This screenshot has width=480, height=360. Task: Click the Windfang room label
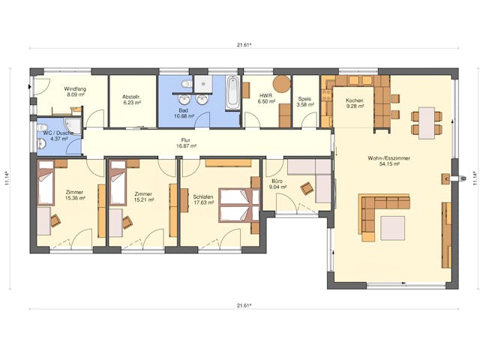click(x=75, y=89)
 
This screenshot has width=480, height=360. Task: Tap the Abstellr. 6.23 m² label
click(x=132, y=100)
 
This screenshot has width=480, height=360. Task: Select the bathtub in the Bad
click(x=233, y=92)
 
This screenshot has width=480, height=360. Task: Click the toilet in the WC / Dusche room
click(x=42, y=127)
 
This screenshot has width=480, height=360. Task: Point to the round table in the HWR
click(x=282, y=83)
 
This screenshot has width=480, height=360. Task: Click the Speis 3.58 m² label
click(x=306, y=102)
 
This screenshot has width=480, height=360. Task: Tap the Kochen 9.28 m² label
click(x=355, y=103)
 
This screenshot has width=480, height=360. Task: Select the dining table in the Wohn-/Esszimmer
click(x=427, y=123)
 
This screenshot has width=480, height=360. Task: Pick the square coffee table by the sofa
click(x=393, y=228)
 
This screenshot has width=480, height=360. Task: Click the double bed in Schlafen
click(x=239, y=205)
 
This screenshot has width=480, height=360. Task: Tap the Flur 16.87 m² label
click(x=186, y=143)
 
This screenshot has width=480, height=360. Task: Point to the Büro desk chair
click(x=307, y=188)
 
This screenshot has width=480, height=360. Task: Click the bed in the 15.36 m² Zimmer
click(x=46, y=183)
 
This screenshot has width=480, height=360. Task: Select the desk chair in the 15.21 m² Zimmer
click(x=127, y=222)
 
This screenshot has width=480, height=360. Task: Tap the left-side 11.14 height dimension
click(x=6, y=178)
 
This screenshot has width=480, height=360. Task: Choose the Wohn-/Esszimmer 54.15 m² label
click(x=388, y=161)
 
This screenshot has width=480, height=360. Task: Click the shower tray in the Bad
click(x=203, y=84)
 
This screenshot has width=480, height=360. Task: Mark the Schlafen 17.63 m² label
click(x=203, y=200)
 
